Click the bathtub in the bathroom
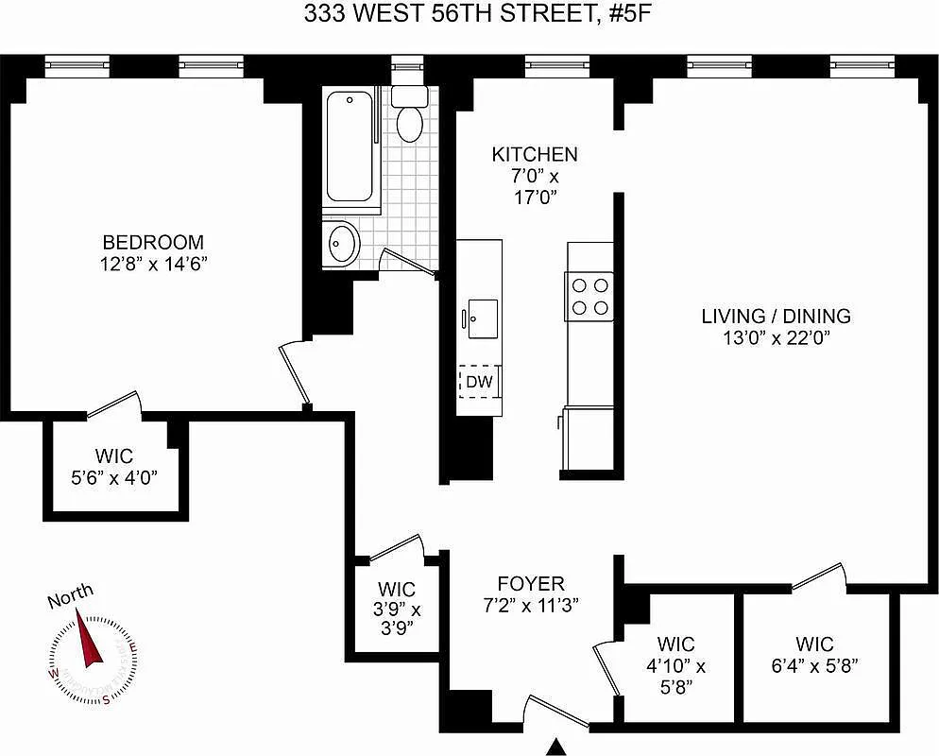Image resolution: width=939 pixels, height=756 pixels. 350,147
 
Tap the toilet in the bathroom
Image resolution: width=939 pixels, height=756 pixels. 409,117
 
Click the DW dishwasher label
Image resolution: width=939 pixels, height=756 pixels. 479,382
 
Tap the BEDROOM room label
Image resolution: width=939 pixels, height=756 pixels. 153,242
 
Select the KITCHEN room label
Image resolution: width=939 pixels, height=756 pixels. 535,154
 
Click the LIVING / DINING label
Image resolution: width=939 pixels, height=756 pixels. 776,317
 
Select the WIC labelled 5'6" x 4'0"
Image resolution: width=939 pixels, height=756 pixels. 113,467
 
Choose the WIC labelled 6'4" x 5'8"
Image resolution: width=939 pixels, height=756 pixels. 814,656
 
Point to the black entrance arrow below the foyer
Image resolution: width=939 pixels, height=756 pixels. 558,747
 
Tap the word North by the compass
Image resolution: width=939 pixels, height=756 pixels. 71,595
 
